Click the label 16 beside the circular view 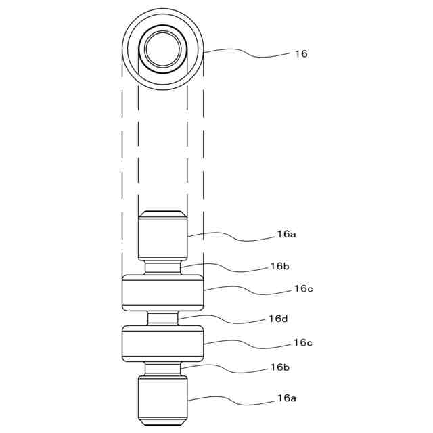coord(300,53)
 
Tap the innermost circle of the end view coord(162,48)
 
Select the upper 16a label coord(286,234)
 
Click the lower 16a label coord(286,398)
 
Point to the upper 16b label coord(280,266)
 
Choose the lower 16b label coord(280,367)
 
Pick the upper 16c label coord(303,288)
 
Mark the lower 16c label coord(303,343)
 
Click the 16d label coord(278,318)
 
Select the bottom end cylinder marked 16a coord(162,400)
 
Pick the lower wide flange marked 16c coord(162,343)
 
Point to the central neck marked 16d coord(162,318)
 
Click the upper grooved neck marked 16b coord(162,267)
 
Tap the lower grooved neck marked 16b coord(162,369)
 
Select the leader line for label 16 coord(244,51)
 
